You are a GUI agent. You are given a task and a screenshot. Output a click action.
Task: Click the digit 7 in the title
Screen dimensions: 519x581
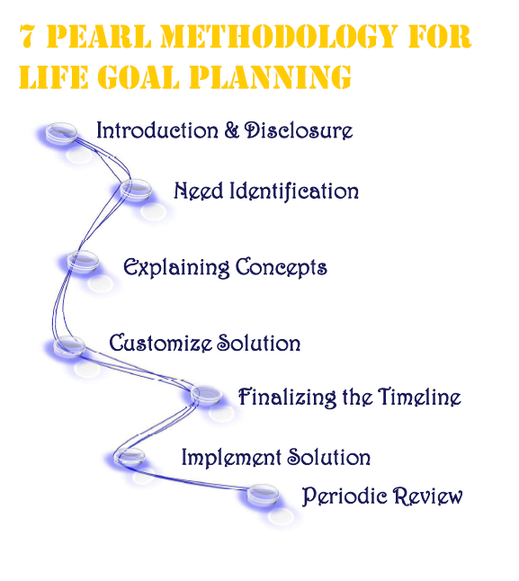(26, 36)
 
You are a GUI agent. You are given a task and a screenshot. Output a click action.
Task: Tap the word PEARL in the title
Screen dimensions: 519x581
(99, 36)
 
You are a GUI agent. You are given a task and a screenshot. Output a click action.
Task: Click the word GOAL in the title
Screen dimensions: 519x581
(139, 77)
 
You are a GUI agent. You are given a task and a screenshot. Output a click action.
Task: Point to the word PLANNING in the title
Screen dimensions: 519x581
(270, 77)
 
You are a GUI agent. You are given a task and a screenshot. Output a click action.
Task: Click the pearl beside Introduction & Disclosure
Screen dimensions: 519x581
(61, 132)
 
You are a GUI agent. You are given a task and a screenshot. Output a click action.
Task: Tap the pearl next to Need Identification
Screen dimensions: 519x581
(136, 189)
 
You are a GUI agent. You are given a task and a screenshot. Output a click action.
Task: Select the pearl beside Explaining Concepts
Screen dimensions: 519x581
(83, 261)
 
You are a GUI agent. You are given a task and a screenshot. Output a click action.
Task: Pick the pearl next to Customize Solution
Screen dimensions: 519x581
(69, 346)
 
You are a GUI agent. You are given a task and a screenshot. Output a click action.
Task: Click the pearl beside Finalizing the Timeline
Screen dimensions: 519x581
(206, 395)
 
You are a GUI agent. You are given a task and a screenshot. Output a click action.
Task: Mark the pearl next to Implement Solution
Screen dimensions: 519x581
(129, 457)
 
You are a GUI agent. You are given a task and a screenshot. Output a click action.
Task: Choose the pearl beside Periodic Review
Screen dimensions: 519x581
(263, 495)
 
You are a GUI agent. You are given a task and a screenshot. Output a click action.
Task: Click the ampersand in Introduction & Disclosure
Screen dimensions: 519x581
(232, 130)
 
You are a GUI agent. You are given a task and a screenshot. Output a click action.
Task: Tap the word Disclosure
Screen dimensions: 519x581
(299, 130)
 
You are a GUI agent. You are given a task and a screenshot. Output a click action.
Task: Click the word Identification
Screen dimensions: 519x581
(294, 192)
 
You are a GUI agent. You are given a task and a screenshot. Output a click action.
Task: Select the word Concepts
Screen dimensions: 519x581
(282, 268)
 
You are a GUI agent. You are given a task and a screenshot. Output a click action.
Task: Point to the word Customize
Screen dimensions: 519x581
(161, 343)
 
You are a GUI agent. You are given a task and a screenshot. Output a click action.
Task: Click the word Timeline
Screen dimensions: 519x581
(420, 397)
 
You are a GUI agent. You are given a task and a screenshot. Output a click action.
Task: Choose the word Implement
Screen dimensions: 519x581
(231, 458)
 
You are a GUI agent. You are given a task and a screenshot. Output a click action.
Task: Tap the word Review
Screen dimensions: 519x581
(428, 496)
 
